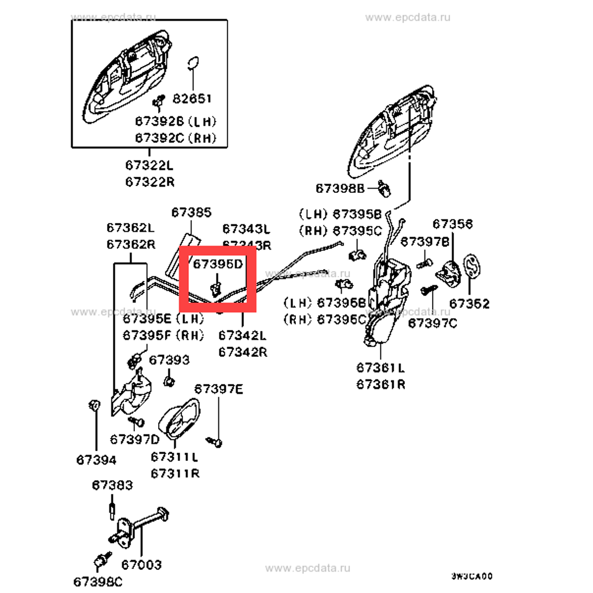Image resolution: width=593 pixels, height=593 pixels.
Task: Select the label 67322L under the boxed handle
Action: point(149,166)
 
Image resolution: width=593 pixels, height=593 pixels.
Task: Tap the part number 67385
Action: point(191,213)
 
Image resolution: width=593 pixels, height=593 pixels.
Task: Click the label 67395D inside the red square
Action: point(217,264)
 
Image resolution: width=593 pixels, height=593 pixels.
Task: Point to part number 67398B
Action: point(340,188)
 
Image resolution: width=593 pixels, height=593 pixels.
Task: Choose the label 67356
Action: point(452,224)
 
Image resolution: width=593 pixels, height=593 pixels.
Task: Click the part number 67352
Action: point(469,303)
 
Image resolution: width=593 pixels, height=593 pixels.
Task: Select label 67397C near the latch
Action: point(432,323)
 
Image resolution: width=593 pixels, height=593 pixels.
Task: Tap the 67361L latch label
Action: point(380,368)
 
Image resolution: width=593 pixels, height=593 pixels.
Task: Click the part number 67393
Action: point(169,360)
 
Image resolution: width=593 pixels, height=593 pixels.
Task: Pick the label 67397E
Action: point(219,389)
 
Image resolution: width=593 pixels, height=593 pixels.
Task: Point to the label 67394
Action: point(96,460)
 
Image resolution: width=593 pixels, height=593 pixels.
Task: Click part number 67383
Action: point(112,485)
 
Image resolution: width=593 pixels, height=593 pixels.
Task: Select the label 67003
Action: point(141,564)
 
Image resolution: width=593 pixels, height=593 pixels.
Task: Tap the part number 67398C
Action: point(98,581)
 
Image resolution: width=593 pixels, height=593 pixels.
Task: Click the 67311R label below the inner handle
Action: point(175,473)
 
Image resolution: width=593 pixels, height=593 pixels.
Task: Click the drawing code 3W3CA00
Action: point(472,576)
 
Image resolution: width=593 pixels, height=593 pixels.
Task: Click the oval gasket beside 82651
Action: point(195,65)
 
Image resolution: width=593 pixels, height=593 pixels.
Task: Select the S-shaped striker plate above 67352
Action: point(472,267)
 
